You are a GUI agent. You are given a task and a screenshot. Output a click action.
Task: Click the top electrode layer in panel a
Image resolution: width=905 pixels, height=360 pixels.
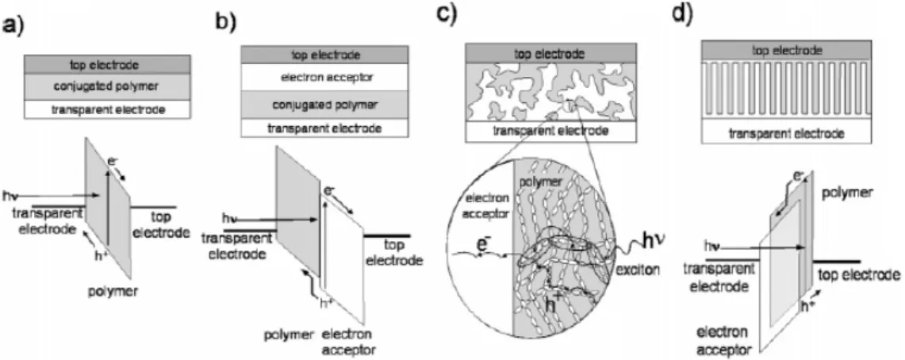tap(107, 64)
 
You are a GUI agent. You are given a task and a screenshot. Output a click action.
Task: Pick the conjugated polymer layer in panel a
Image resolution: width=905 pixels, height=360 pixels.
tap(107, 86)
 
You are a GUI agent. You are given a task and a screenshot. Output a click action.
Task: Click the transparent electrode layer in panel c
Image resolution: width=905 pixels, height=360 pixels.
tap(550, 131)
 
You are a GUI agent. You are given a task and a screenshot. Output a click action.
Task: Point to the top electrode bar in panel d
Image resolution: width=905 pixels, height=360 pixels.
tap(787, 51)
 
